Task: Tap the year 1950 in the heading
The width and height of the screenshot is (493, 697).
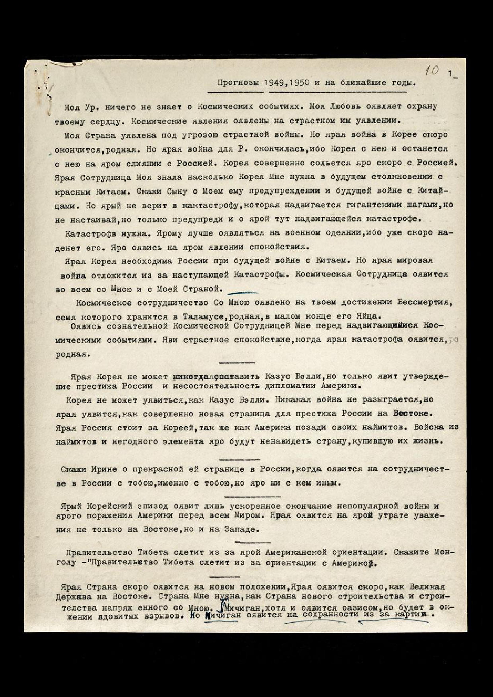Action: (300, 83)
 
